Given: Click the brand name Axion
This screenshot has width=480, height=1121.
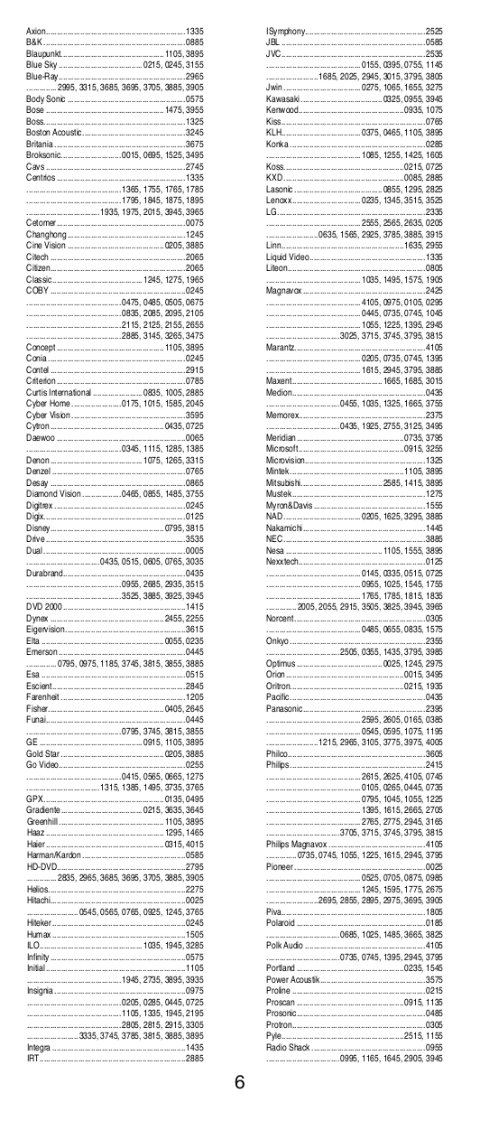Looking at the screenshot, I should (x=35, y=31).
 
